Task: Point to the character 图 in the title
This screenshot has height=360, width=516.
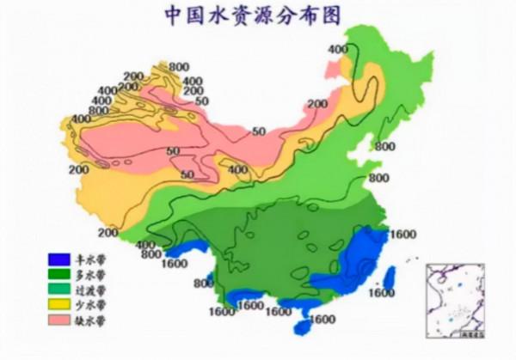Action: tap(316, 15)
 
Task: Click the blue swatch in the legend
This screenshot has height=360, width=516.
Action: tap(58, 259)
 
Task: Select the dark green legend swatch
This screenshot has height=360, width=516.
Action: tap(58, 274)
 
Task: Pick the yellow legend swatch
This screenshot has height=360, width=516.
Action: tap(58, 305)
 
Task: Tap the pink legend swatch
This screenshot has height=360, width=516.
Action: tap(58, 320)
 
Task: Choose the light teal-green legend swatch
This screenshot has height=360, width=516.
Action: tap(58, 290)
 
